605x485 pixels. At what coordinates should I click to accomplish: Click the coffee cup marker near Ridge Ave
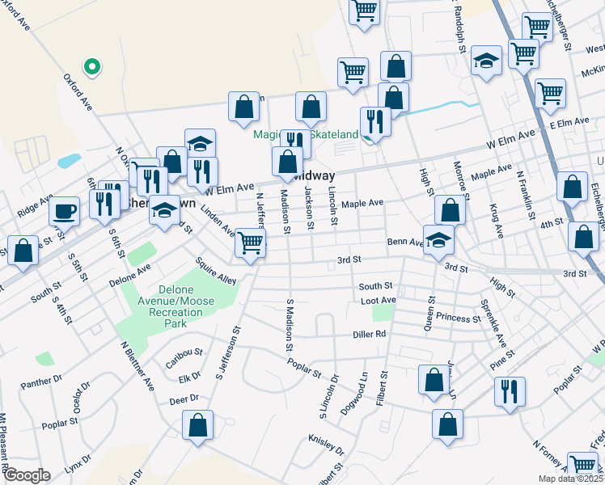[64, 212]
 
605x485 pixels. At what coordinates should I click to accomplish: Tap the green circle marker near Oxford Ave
[92, 68]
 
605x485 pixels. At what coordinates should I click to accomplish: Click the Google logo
[27, 474]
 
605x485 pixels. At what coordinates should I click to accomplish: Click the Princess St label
[458, 318]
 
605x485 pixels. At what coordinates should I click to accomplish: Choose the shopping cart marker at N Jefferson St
[251, 242]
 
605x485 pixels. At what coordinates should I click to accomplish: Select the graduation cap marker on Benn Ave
[438, 240]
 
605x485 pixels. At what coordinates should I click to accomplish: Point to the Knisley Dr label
[326, 445]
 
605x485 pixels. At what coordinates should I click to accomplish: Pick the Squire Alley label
[216, 271]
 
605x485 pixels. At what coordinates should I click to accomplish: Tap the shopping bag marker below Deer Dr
[197, 425]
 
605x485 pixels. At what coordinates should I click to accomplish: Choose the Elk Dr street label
[190, 377]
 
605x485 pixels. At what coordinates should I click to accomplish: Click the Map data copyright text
[569, 479]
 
